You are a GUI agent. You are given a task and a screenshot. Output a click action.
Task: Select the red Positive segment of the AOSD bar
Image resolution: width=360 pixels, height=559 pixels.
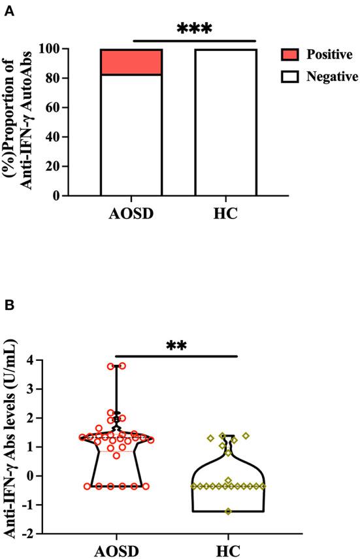coord(131,62)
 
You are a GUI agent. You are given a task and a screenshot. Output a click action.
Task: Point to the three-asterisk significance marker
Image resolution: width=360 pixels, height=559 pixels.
coord(195,29)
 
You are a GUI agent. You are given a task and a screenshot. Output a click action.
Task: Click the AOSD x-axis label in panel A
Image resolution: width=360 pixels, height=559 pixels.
coord(131,216)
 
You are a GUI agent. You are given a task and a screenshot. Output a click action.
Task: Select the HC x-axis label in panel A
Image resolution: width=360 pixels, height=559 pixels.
coord(225,216)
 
